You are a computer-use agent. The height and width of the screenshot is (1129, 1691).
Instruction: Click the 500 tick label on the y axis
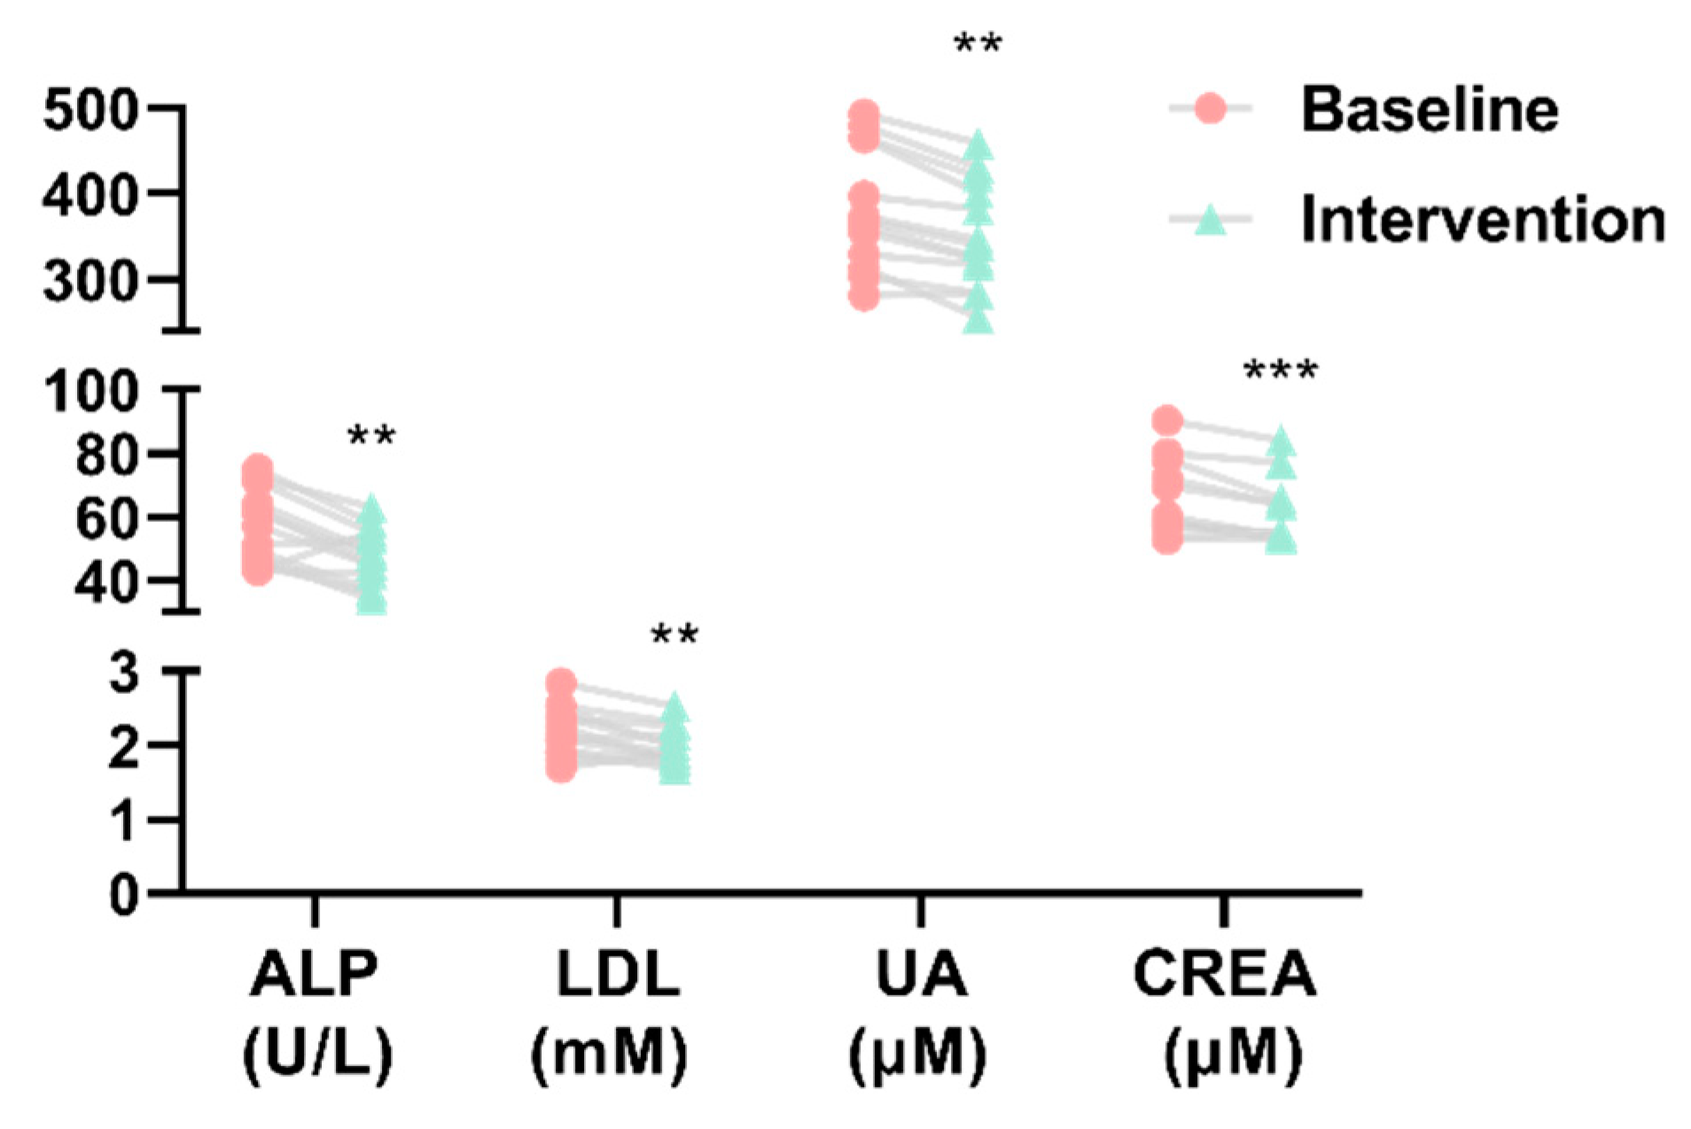tap(90, 112)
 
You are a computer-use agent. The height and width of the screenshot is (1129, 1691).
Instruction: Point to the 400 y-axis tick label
tap(90, 195)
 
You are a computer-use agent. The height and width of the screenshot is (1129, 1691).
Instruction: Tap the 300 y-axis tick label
tap(90, 282)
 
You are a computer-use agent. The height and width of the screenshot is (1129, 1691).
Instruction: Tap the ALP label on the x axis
tap(315, 974)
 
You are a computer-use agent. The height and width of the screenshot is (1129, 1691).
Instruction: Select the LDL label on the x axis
tap(618, 974)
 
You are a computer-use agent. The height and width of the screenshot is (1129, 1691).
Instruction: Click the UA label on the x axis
tap(921, 974)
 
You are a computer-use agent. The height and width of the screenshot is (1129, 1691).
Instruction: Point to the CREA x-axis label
tap(1225, 974)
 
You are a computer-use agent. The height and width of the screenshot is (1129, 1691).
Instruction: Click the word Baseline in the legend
tap(1430, 110)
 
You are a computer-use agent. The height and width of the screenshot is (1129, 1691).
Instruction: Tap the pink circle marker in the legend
tap(1210, 109)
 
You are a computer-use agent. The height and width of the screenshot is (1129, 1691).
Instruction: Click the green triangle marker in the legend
tap(1210, 219)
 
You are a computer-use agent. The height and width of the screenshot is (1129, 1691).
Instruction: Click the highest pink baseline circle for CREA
tap(1167, 421)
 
